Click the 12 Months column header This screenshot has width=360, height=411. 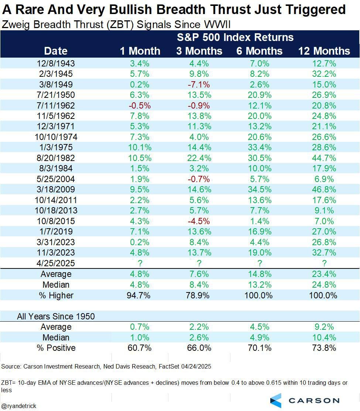point(324,51)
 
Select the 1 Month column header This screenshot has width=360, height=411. point(140,51)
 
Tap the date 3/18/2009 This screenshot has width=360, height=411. point(56,189)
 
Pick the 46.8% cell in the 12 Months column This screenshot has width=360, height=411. point(324,189)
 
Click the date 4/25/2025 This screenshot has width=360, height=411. point(56,263)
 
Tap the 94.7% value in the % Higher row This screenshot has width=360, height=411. point(140,295)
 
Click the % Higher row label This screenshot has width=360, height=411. point(56,295)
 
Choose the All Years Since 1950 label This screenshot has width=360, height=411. point(56,316)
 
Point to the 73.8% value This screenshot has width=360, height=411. point(324,348)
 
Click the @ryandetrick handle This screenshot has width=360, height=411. point(19,406)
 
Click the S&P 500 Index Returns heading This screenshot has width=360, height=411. point(235,37)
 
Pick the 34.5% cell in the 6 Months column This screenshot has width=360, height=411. point(260,189)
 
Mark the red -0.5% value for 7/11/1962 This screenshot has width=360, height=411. point(140,105)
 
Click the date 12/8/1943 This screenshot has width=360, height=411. point(56,63)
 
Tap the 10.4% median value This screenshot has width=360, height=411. point(324,338)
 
